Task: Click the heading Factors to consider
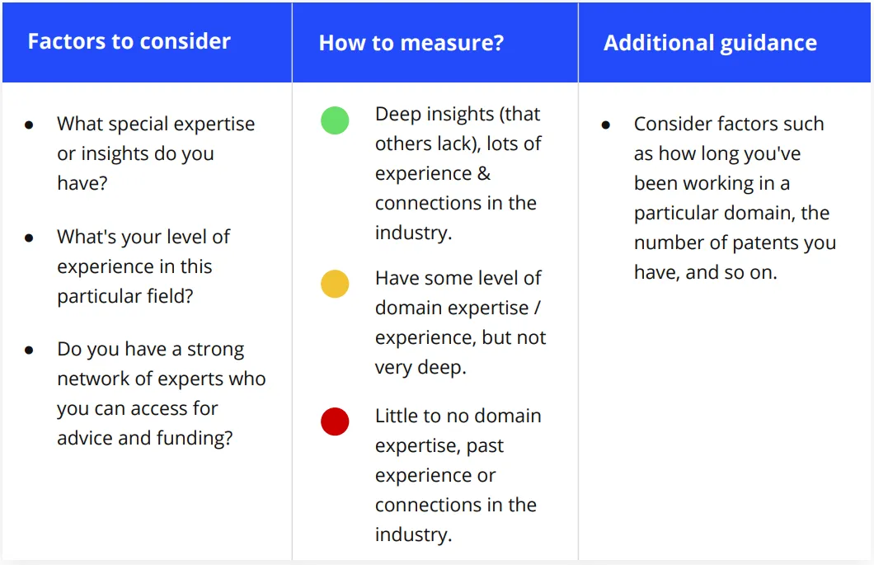click(129, 41)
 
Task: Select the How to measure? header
click(411, 43)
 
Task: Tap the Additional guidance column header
click(710, 43)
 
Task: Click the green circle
click(335, 120)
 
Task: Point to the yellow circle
click(335, 284)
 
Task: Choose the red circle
click(335, 421)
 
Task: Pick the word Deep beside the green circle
click(397, 115)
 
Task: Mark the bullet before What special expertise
click(29, 125)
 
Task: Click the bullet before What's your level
click(29, 238)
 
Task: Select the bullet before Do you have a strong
click(29, 351)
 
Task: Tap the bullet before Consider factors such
click(606, 125)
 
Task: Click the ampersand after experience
click(484, 173)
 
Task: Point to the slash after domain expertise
click(538, 308)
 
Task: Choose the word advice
click(85, 439)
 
